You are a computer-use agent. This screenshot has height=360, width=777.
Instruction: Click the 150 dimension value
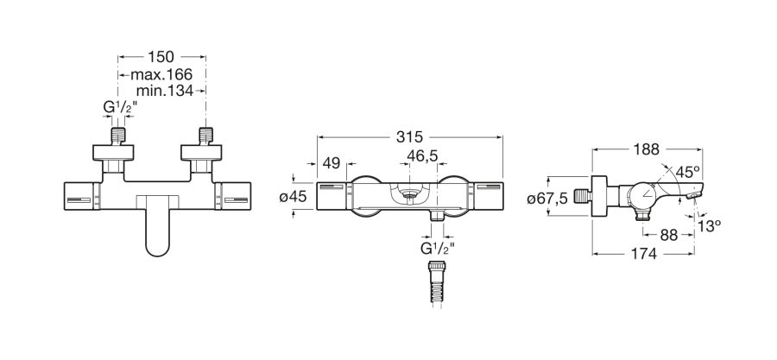(161, 56)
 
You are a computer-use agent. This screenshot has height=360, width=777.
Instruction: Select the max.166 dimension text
(161, 75)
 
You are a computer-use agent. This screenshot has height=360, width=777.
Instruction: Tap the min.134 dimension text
(165, 91)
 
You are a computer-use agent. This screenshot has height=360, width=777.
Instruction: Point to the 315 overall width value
(410, 136)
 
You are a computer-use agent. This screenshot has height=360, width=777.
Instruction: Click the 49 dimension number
(332, 163)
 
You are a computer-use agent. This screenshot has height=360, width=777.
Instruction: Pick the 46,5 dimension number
(422, 155)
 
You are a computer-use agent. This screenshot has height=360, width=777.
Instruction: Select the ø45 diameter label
(294, 197)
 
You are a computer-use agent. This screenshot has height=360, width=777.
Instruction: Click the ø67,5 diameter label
(547, 199)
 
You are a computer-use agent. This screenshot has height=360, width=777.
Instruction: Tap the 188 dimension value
(647, 149)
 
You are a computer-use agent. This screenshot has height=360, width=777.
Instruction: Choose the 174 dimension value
(643, 254)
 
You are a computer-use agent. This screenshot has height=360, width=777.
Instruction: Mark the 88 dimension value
(669, 235)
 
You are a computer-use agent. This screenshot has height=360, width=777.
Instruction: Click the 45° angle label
(688, 172)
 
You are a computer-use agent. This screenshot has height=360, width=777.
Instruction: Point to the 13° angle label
(709, 226)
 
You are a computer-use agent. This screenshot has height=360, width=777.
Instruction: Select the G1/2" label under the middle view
(437, 248)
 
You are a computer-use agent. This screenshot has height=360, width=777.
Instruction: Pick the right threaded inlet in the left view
(205, 136)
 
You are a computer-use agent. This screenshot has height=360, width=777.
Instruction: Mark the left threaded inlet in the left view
(117, 136)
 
